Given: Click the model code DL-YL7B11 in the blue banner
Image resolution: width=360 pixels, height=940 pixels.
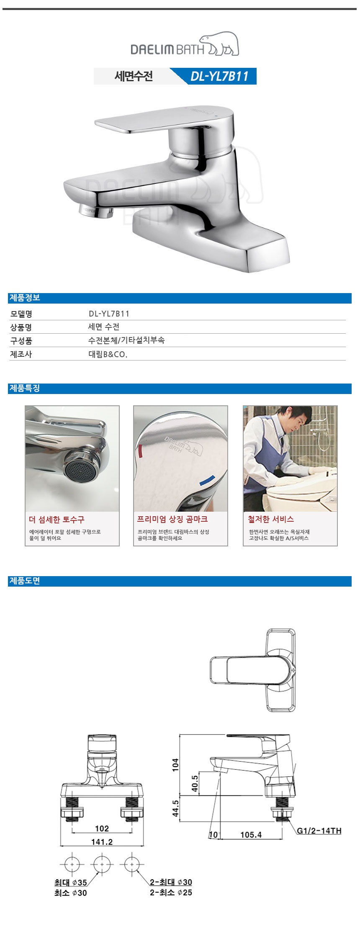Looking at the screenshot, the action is (219, 76).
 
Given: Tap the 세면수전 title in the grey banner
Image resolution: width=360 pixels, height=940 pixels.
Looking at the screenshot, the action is (134, 76).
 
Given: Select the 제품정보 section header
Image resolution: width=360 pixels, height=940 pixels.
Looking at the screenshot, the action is (25, 298).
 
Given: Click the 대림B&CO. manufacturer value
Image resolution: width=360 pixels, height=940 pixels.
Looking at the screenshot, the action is (108, 354).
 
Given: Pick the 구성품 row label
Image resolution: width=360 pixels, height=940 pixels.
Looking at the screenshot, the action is (21, 341).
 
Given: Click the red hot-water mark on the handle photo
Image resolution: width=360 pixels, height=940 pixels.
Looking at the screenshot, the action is (140, 453).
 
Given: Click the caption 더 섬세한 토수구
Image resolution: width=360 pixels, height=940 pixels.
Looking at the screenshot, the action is (57, 520).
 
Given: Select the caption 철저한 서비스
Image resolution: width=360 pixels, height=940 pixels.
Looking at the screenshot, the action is (271, 519).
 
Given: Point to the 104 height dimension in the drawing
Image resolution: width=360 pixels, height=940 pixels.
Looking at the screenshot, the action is (175, 765).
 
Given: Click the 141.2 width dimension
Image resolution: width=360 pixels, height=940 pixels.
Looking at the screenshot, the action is (102, 842).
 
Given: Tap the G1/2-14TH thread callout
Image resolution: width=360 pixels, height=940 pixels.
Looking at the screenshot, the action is (319, 831).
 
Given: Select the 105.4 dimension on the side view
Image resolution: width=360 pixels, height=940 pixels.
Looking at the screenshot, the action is (251, 834).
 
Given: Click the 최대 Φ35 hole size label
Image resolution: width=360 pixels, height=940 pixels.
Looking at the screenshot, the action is (71, 882).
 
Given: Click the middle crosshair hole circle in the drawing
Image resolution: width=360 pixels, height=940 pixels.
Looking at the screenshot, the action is (102, 864).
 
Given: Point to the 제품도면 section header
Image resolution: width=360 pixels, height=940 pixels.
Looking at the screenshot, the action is (25, 581).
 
